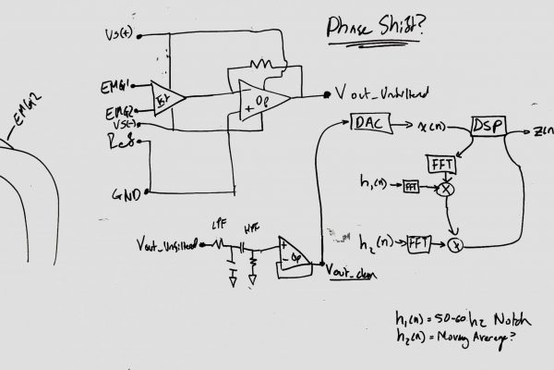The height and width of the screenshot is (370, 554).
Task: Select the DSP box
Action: tap(486, 126)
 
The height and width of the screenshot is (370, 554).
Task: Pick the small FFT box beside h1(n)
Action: tap(411, 187)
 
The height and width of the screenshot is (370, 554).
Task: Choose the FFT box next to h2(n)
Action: tap(419, 244)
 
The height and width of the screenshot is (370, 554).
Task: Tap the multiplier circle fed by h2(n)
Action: tap(454, 246)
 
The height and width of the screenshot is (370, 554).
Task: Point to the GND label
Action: tap(126, 196)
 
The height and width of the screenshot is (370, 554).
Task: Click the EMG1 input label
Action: tap(118, 86)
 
